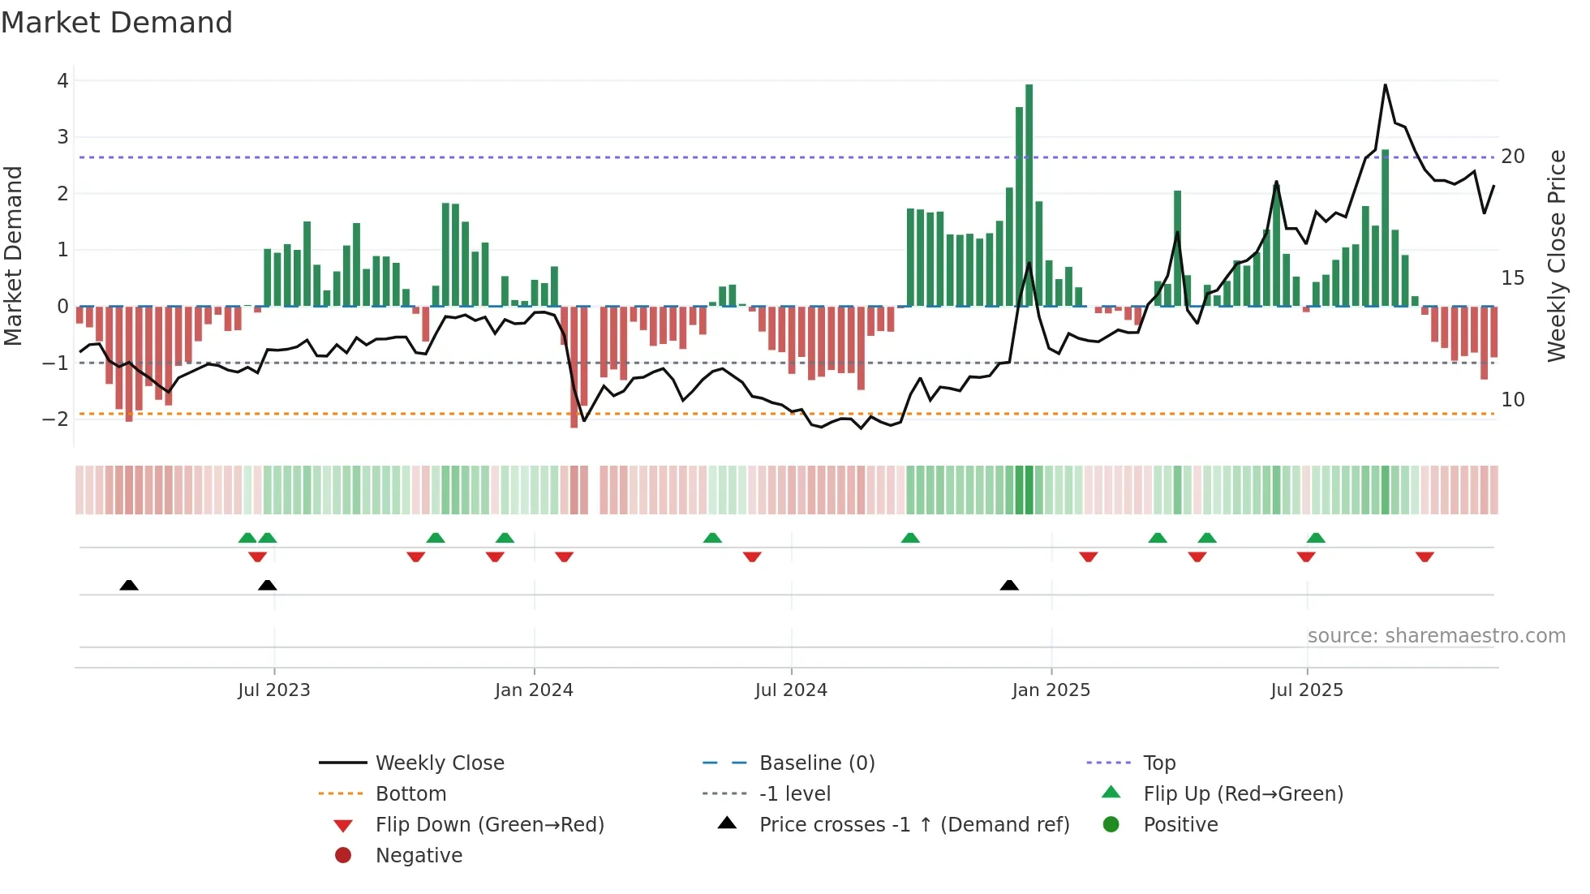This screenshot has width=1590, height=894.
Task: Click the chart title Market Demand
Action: pos(117,23)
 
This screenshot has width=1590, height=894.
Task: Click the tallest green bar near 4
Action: pos(1029,195)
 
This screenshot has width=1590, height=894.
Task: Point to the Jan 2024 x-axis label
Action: pos(534,690)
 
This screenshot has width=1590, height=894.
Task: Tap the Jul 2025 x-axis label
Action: pos(1307,690)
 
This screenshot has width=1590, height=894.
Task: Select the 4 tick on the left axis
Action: pos(62,80)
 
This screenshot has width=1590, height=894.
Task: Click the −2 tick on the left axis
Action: pos(57,419)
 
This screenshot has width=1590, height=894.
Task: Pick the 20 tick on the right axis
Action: pos(1513,157)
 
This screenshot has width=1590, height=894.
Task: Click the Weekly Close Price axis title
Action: pos(1556,256)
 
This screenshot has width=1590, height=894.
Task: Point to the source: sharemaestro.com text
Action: pos(1436,636)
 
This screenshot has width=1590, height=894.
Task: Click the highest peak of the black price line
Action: pos(1385,85)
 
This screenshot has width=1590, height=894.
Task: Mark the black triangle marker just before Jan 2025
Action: pos(1009,585)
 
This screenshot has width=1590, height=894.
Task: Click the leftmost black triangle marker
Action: pos(129,585)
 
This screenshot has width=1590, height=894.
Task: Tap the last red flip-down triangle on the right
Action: pos(1425,557)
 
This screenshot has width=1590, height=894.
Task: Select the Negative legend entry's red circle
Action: pos(343,856)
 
